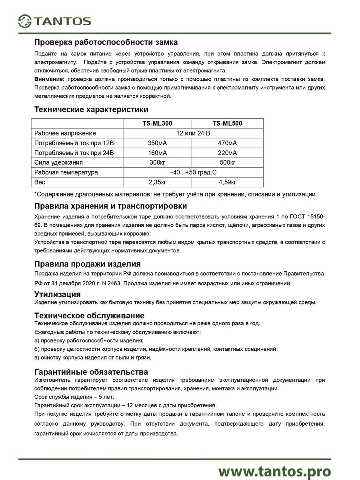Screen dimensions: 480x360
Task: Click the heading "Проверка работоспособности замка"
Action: pyautogui.click(x=106, y=42)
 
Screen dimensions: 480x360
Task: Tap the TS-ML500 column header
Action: pyautogui.click(x=228, y=124)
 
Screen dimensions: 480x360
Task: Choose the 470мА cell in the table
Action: pyautogui.click(x=228, y=143)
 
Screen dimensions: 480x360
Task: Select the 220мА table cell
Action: pyautogui.click(x=228, y=153)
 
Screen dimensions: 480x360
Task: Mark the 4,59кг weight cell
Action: pyautogui.click(x=228, y=182)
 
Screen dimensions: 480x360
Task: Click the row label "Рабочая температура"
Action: pyautogui.click(x=66, y=172)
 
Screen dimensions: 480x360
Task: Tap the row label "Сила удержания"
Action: pyautogui.click(x=58, y=162)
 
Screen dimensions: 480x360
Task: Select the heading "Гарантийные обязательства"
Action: pyautogui.click(x=91, y=372)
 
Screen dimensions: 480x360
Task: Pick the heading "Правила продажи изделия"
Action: pyautogui.click(x=88, y=264)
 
